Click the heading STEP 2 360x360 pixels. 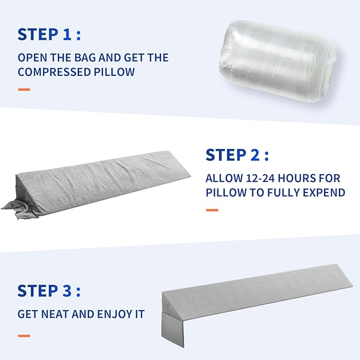[x=237, y=155]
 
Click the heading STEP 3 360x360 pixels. [x=49, y=291]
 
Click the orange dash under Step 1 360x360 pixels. [x=24, y=89]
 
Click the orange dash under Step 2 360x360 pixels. [x=212, y=210]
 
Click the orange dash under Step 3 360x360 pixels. [x=24, y=335]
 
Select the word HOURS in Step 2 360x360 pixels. [x=300, y=178]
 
